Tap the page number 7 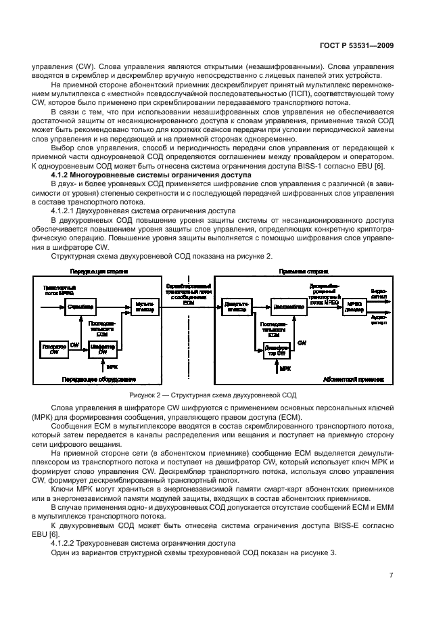(392, 575)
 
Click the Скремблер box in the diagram (80, 307)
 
